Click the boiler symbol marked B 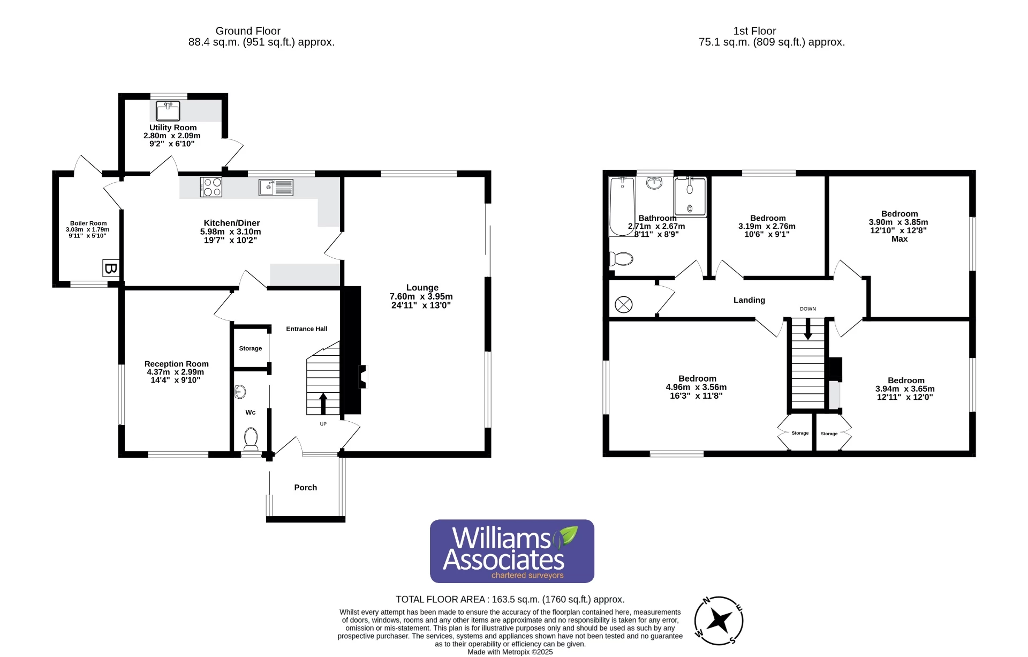click(110, 268)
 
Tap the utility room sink click(168, 111)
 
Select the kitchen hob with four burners click(211, 187)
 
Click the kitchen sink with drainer click(276, 187)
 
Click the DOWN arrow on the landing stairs click(807, 328)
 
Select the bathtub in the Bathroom click(622, 206)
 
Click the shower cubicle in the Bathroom click(690, 197)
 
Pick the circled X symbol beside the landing click(623, 305)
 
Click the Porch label click(305, 488)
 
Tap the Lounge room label click(422, 288)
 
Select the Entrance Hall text click(306, 329)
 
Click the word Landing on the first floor click(749, 300)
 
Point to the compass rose click(719, 621)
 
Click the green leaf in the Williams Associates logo click(566, 535)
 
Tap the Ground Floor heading click(248, 31)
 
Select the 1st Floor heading click(754, 31)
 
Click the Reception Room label click(176, 364)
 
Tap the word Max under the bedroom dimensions click(899, 239)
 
